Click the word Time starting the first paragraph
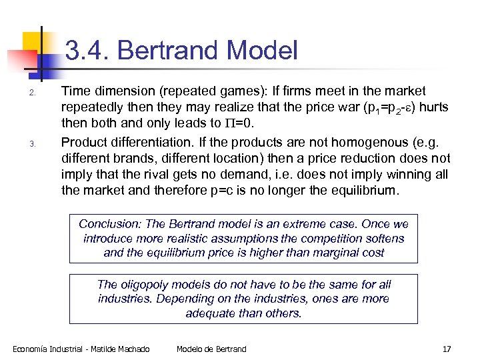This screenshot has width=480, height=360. (x=76, y=91)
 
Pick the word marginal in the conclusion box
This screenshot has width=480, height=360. (x=319, y=253)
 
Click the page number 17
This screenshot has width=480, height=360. (x=447, y=349)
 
